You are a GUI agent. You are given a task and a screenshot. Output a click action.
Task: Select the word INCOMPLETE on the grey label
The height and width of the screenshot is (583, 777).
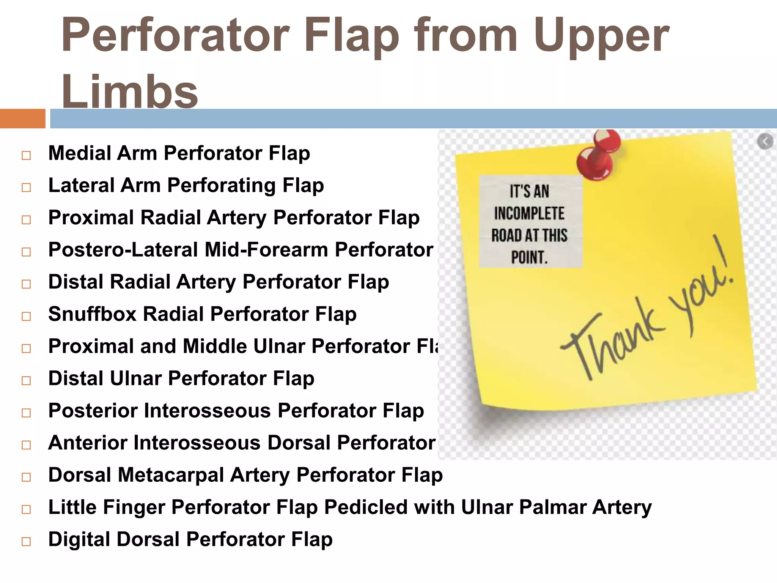click(529, 214)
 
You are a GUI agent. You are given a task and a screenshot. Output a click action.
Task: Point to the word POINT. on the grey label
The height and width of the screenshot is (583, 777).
click(529, 258)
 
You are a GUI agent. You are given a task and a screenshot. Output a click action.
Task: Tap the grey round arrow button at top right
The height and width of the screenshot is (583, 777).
click(765, 142)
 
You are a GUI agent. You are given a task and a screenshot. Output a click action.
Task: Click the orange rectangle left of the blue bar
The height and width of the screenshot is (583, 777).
click(22, 118)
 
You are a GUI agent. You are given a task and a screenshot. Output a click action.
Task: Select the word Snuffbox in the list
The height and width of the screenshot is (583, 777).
click(92, 314)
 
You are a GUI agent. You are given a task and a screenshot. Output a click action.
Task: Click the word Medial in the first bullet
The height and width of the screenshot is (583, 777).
click(80, 153)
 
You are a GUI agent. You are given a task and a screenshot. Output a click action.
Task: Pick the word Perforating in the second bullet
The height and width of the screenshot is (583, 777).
click(222, 186)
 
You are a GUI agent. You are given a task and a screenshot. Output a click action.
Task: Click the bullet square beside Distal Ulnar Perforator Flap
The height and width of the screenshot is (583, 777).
click(26, 380)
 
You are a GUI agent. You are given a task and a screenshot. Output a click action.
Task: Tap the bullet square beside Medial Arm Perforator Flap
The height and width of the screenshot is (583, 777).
click(26, 155)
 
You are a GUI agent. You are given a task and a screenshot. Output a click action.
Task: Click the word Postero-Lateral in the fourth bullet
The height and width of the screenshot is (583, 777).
click(123, 250)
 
